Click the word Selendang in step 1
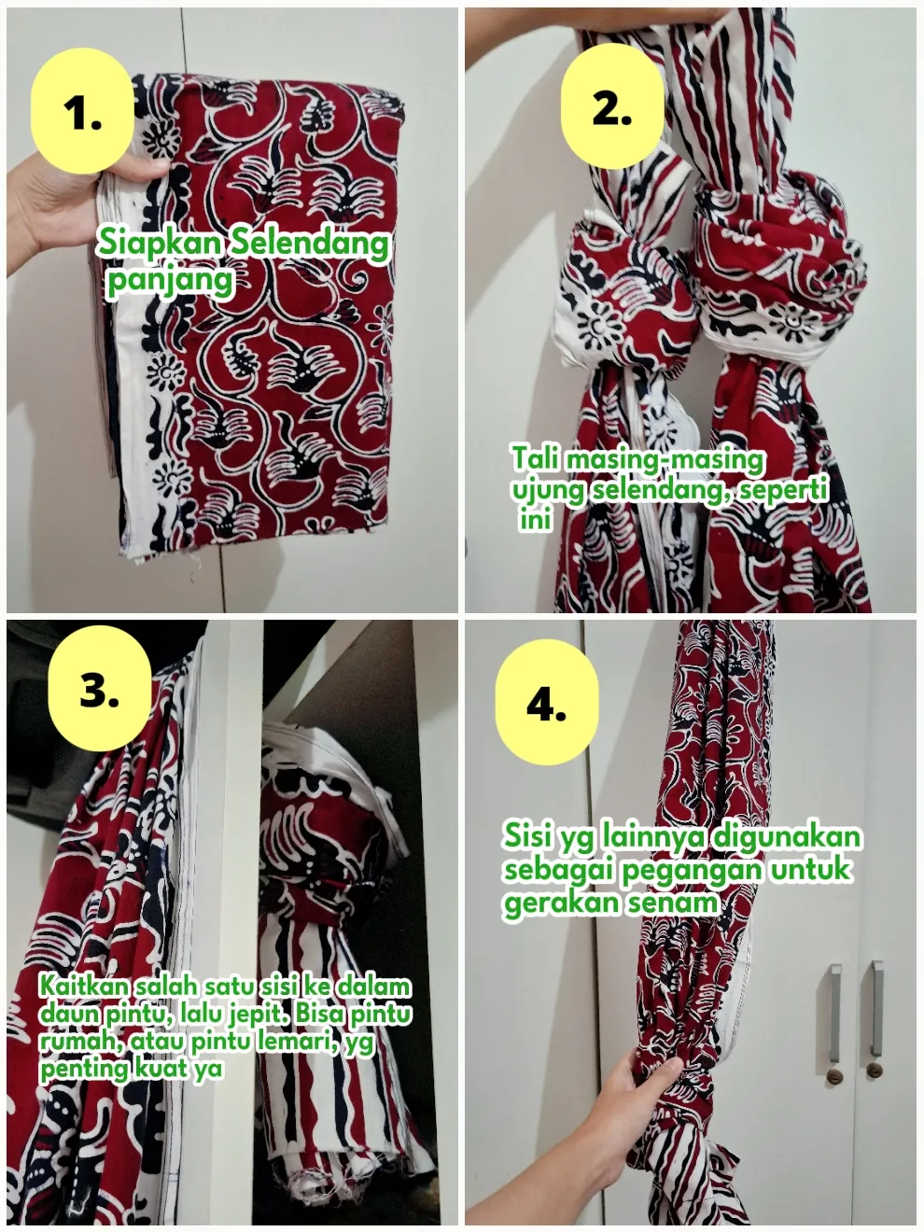click(309, 244)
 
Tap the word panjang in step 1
click(170, 281)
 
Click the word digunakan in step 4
click(784, 837)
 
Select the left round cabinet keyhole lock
click(834, 1077)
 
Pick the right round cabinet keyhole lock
click(875, 1071)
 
